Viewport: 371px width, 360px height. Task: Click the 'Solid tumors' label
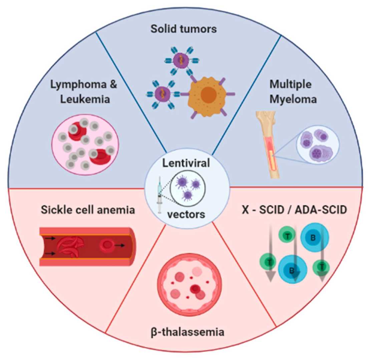pyautogui.click(x=183, y=29)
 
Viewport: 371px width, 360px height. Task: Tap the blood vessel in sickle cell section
pyautogui.click(x=88, y=247)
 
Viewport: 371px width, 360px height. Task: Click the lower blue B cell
pyautogui.click(x=291, y=270)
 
